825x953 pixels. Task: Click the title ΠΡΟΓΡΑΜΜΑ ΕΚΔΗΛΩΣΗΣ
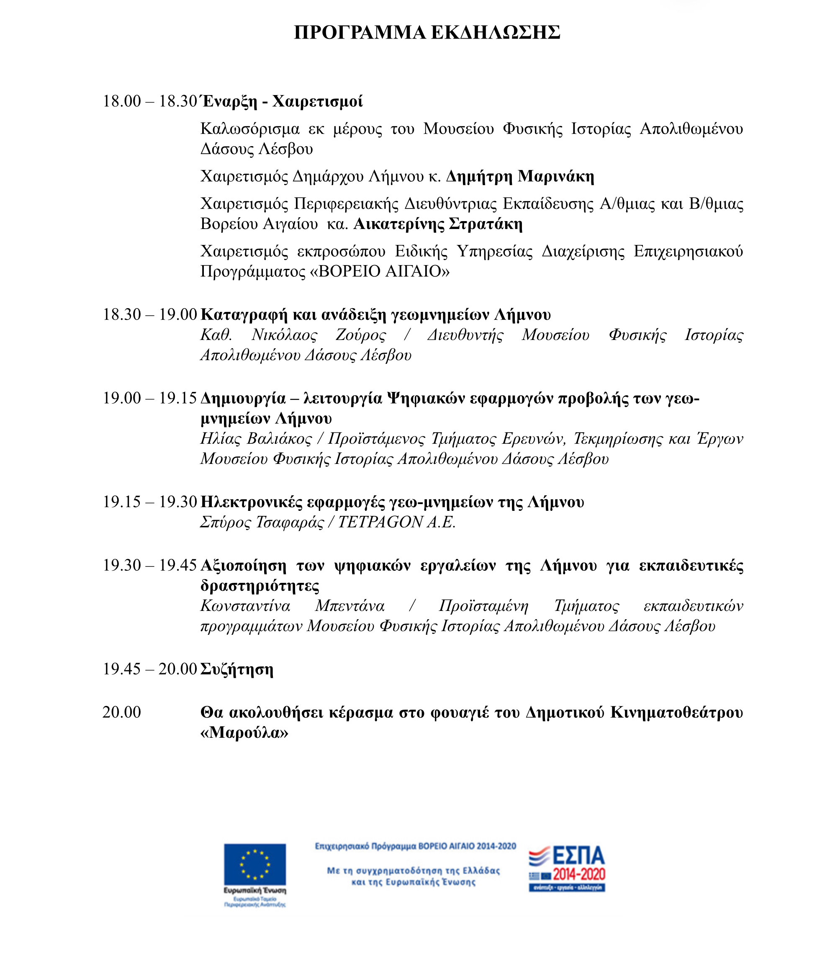427,33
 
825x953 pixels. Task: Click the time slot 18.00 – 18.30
149,101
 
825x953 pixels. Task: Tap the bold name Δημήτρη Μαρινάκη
520,176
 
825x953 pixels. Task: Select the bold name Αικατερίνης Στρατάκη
438,224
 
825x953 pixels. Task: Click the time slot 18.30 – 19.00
149,314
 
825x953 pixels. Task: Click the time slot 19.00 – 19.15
149,398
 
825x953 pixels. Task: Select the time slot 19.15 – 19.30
149,502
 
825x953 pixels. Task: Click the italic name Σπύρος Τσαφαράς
262,522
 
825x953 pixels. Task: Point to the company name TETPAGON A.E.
396,522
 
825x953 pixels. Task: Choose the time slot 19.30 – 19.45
149,565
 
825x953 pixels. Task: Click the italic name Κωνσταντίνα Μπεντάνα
292,606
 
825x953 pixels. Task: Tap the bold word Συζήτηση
236,669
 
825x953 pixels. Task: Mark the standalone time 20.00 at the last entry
121,712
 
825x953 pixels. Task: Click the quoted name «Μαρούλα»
244,733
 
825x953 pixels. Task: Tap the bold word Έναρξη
229,101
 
